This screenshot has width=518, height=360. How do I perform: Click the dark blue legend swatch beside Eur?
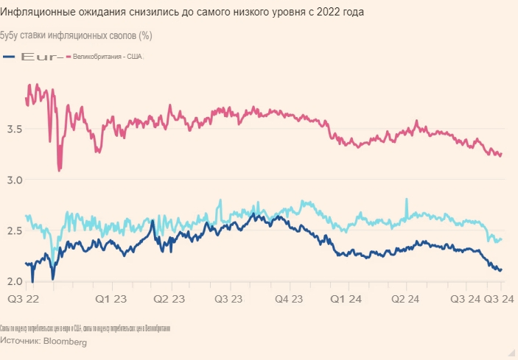click(x=10, y=57)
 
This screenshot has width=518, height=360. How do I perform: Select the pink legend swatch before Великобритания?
click(x=69, y=57)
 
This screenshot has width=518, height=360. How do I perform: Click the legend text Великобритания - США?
click(x=108, y=57)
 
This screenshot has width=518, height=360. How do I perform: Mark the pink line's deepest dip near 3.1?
click(x=60, y=169)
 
